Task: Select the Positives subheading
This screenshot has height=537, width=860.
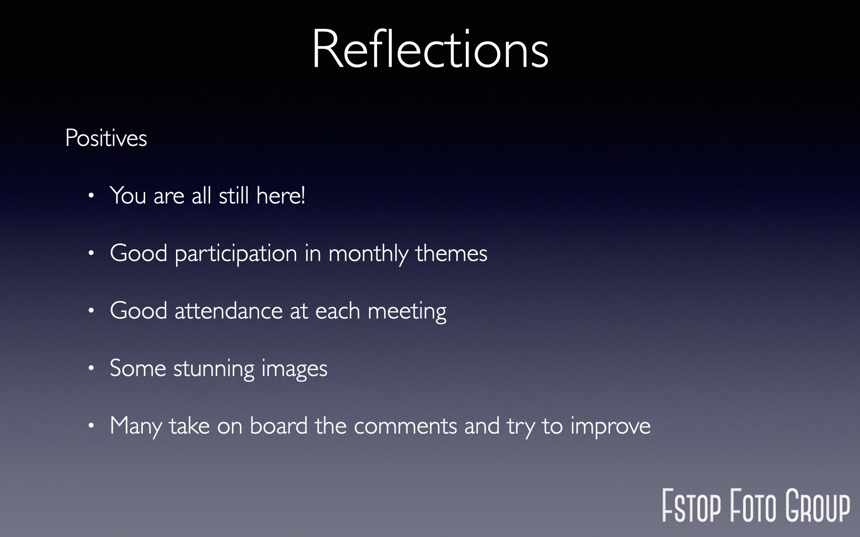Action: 106,138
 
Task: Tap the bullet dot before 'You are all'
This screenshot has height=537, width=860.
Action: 92,196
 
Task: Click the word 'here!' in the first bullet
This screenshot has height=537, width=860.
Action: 281,196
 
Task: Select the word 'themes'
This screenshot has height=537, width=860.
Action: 451,253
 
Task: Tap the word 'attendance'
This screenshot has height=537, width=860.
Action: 228,311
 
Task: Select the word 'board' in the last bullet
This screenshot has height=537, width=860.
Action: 279,426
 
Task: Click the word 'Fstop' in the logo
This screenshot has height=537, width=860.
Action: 692,506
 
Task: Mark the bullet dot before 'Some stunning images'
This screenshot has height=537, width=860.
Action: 92,368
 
